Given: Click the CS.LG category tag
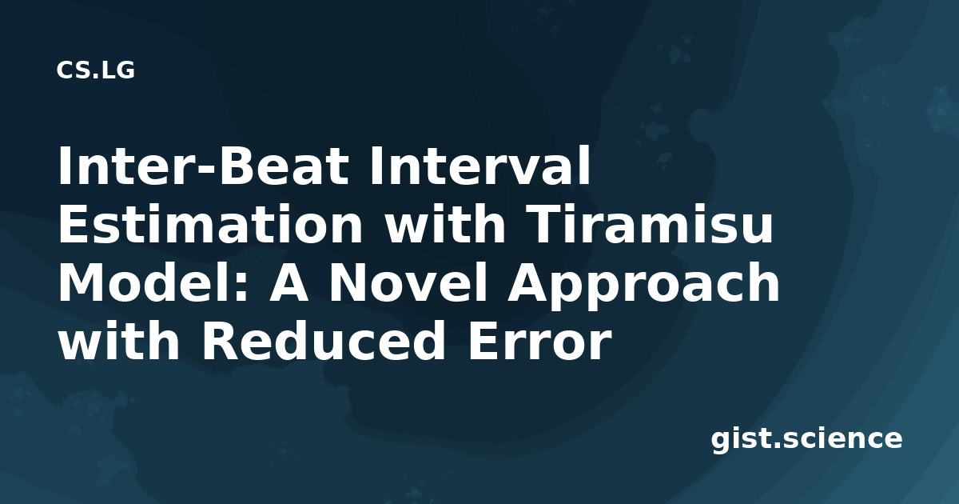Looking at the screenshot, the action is (95, 70).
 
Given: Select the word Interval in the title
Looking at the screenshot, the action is (479, 166).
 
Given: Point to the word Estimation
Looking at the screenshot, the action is (210, 225).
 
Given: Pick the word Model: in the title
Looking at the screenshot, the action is (153, 283).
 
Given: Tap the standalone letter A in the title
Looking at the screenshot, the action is (288, 283).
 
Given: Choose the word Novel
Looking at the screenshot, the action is (408, 283).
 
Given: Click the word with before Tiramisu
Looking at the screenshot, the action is (445, 225).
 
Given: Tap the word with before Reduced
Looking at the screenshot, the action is (119, 341).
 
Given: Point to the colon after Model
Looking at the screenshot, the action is (241, 288).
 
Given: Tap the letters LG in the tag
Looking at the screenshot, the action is (118, 70).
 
